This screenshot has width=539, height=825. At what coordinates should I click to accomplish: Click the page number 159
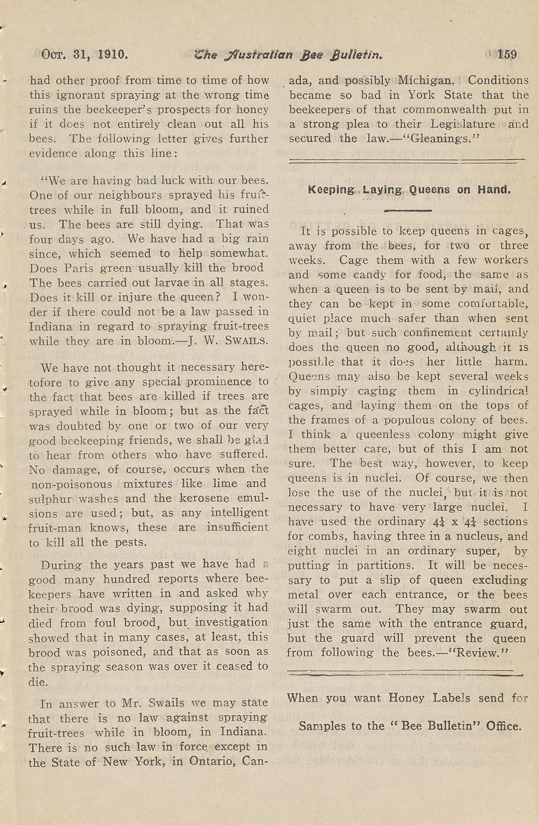point(506,55)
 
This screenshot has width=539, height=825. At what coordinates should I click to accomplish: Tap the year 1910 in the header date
point(110,55)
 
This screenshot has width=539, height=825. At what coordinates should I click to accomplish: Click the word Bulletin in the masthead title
point(354,55)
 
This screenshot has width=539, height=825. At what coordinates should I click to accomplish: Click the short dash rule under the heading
point(407,210)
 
